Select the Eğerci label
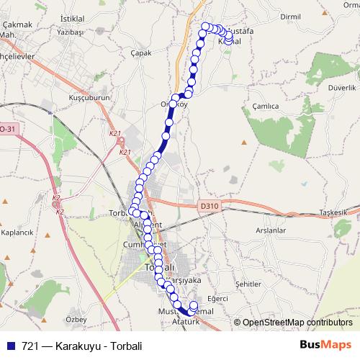217,297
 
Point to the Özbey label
76,318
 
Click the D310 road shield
209,206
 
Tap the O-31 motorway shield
7,129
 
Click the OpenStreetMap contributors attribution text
297,323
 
